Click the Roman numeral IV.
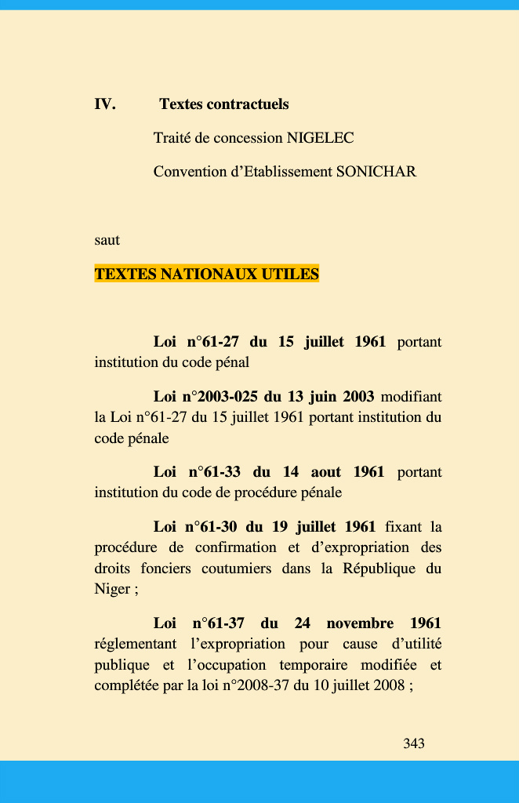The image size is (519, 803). point(105,104)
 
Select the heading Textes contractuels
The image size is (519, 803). point(224,104)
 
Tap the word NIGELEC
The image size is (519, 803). point(320,138)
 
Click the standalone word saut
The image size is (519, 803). point(107,239)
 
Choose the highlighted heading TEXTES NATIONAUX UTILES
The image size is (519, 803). point(207,274)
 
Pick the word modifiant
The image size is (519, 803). point(411,397)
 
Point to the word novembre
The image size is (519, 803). point(360,623)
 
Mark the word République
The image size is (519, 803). point(379,569)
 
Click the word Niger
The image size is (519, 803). point(111,590)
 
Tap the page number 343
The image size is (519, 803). point(414,743)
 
